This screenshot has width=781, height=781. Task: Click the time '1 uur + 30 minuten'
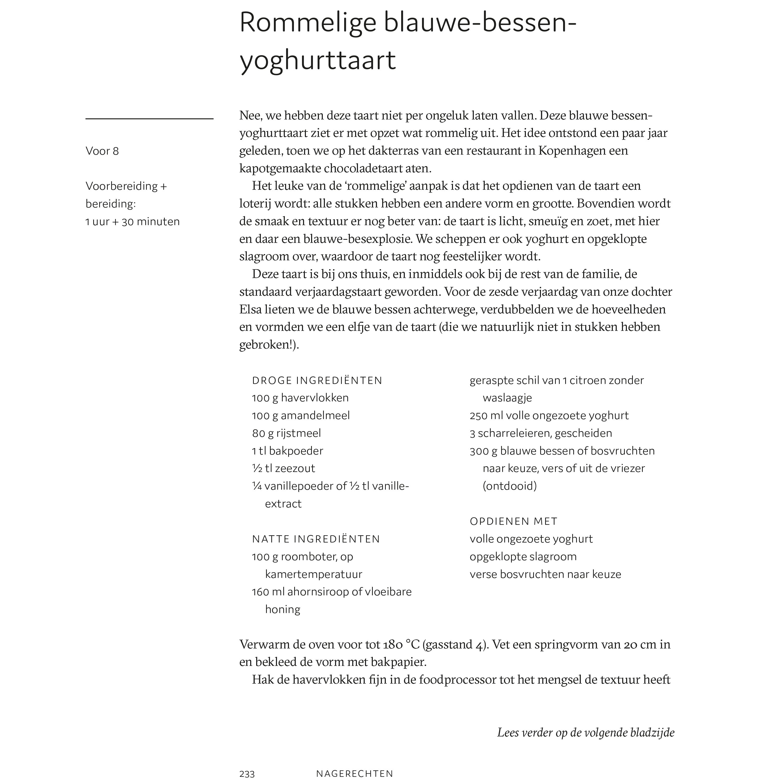point(133,222)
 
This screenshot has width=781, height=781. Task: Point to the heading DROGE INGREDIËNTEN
point(317,380)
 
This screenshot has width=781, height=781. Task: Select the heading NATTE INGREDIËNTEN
point(316,539)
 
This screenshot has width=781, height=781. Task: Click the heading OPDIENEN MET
point(513,521)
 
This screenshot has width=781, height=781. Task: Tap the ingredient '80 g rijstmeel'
point(286,433)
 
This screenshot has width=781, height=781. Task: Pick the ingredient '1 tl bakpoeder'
point(287,451)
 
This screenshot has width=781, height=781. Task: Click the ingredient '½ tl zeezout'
point(284,468)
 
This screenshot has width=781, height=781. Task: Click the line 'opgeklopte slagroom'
point(523,556)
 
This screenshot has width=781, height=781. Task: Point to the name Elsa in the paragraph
point(250,309)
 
